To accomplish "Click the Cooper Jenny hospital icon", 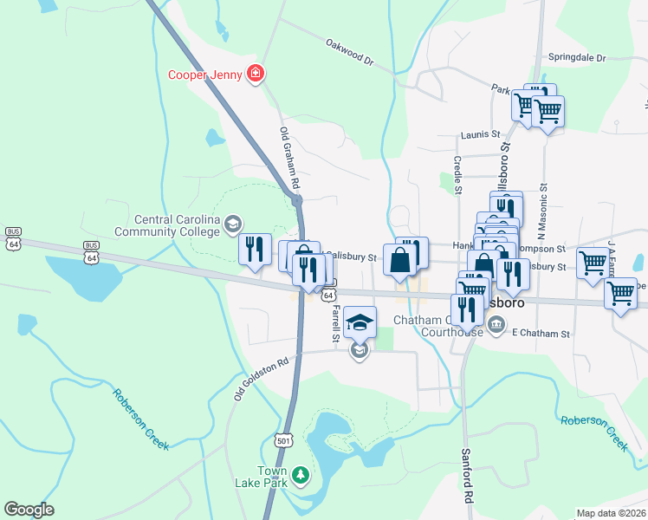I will click(256, 74).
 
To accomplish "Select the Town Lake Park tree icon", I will click(300, 474).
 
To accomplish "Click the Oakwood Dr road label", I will click(349, 52).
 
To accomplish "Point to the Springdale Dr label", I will click(577, 57).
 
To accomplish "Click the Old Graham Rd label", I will click(288, 159).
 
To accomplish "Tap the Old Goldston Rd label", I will click(259, 380).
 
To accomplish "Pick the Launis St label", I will click(481, 134).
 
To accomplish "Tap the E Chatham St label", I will click(541, 333).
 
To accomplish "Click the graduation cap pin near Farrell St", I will click(360, 323).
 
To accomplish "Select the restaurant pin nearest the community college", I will click(255, 250).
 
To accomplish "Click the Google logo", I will click(29, 510).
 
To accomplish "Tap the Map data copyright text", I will click(612, 513).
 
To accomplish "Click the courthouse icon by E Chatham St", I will click(496, 325).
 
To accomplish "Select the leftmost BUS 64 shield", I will click(12, 238).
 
